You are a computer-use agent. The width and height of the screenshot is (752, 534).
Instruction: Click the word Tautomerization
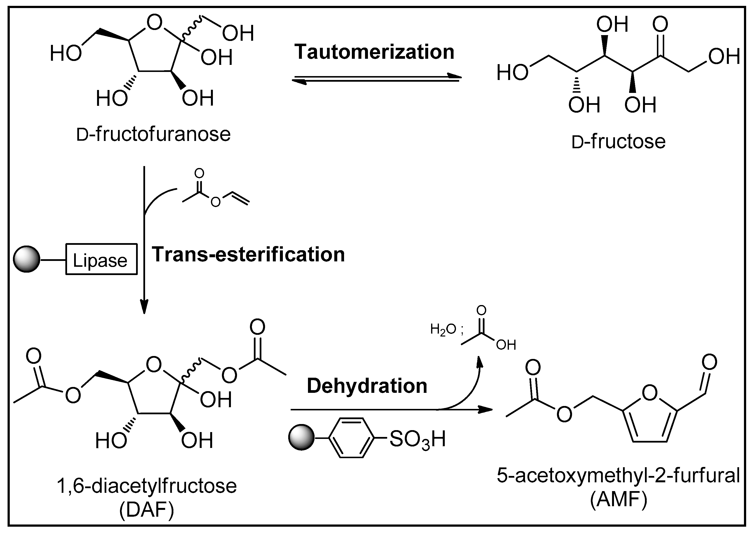(x=374, y=52)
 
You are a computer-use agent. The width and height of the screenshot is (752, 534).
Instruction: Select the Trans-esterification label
(x=248, y=255)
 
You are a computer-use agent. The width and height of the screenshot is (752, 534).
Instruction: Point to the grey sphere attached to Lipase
(x=26, y=259)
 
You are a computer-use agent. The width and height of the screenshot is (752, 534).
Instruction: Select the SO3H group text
(x=417, y=439)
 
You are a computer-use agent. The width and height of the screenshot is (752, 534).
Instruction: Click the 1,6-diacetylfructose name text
(x=147, y=486)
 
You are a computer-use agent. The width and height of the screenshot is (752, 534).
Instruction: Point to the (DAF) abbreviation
(x=147, y=511)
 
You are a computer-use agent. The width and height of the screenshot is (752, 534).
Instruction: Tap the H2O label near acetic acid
(x=443, y=329)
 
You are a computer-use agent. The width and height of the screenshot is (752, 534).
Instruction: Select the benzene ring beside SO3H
(x=351, y=438)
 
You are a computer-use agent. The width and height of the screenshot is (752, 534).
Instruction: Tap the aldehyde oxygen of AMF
(x=709, y=362)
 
